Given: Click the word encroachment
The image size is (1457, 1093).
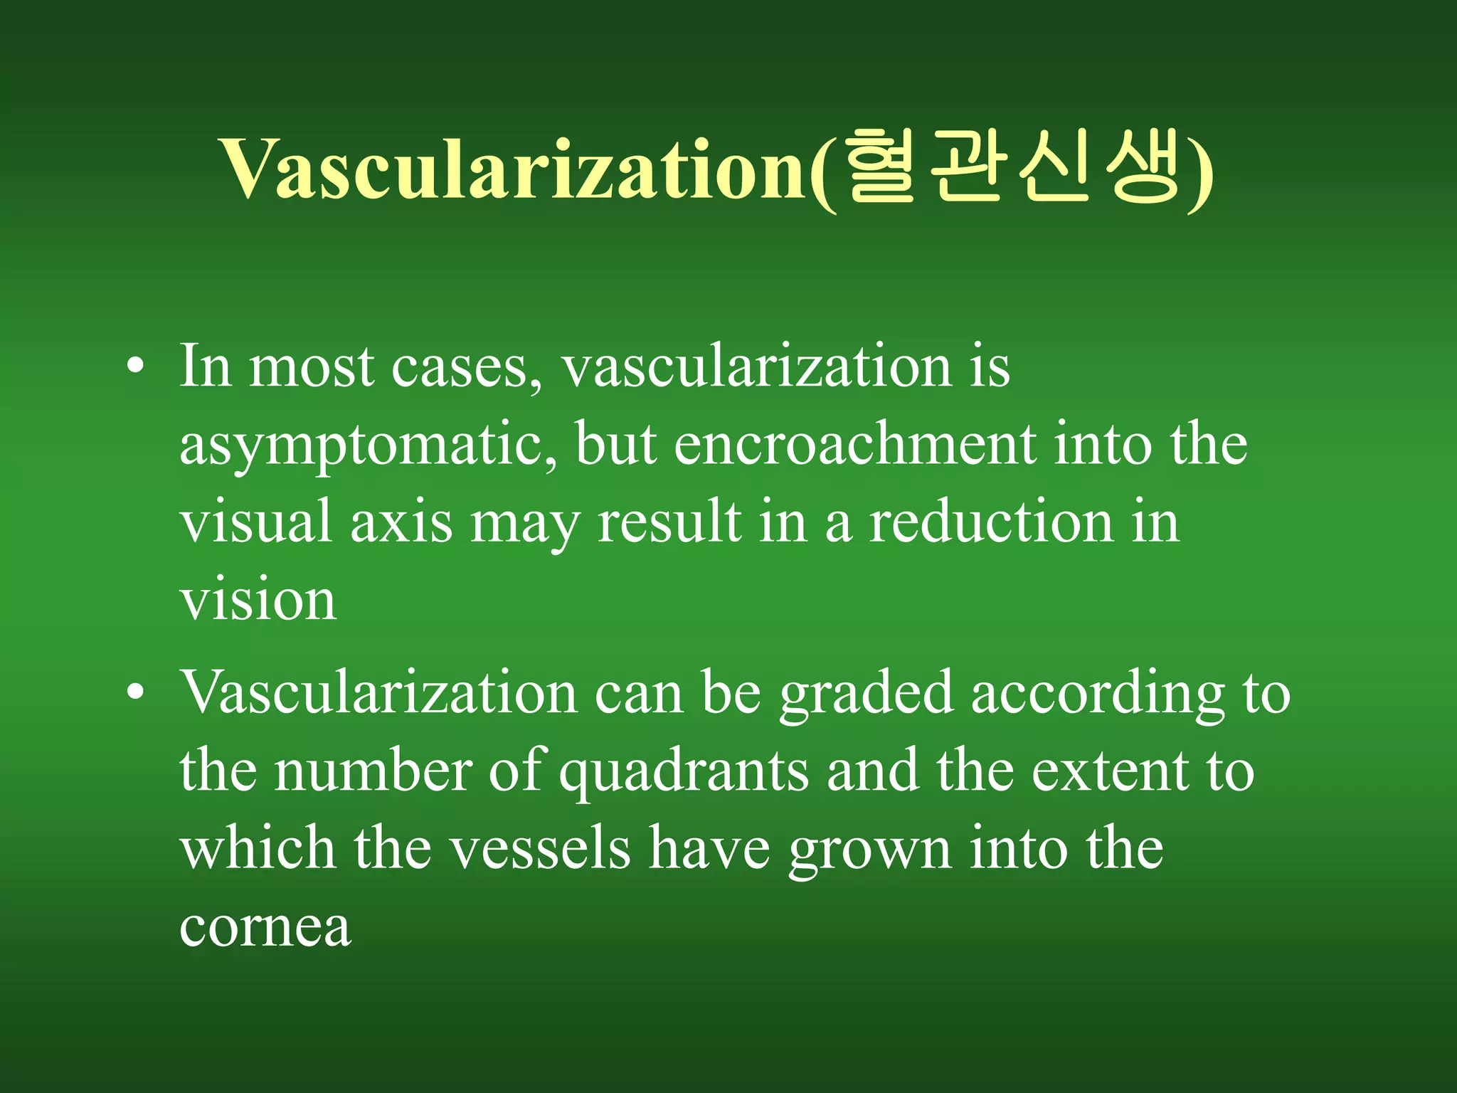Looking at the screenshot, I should [854, 444].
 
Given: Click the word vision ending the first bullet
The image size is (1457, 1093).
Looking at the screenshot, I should [258, 599].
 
